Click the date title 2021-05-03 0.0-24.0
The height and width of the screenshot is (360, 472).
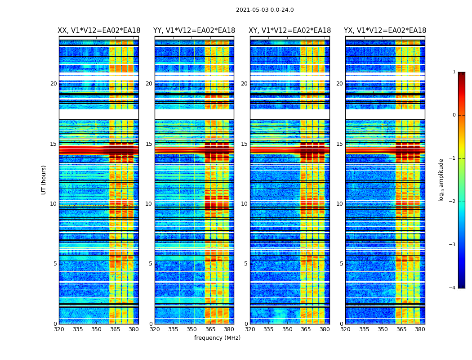pos(265,10)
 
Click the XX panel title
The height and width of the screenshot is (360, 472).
pos(98,31)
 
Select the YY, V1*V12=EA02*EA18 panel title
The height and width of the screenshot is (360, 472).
pos(194,31)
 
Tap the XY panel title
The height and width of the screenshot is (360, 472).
pos(289,31)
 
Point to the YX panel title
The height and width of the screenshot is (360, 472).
pos(385,31)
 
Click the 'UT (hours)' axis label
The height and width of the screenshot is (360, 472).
pos(44,180)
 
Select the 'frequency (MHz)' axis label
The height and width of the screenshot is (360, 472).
pos(217,338)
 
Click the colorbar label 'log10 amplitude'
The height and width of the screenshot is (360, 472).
pos(441,180)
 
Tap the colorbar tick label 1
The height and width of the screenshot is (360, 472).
pos(454,72)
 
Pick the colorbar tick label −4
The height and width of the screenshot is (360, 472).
pos(453,288)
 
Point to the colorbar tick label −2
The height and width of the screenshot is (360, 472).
pos(453,202)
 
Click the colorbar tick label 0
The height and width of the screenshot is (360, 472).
pos(454,115)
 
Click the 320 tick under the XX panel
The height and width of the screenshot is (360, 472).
pos(59,329)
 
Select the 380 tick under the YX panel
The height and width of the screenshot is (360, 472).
pos(420,329)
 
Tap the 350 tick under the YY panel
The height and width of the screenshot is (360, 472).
pos(192,329)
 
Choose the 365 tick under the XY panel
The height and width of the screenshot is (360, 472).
pos(306,329)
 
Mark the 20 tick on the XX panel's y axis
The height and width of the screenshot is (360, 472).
pos(53,84)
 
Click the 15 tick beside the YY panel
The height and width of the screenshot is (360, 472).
pos(149,144)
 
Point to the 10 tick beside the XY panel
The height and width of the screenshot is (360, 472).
pos(244,204)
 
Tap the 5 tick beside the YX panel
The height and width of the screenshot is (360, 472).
pos(341,264)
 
